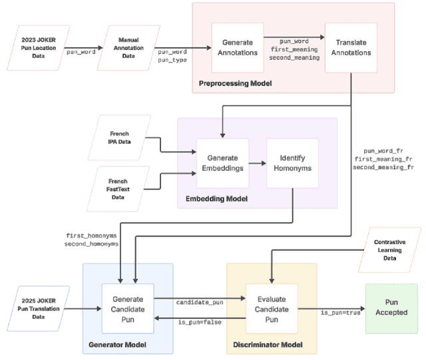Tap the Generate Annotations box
pyautogui.click(x=237, y=48)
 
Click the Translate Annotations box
pyautogui.click(x=350, y=48)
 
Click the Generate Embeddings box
pyautogui.click(x=222, y=164)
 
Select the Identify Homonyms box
pyautogui.click(x=292, y=164)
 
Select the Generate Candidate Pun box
pyautogui.click(x=127, y=308)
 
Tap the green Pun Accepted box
pyautogui.click(x=391, y=308)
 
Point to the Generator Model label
pyautogui.click(x=117, y=345)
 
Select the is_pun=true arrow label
pyautogui.click(x=340, y=313)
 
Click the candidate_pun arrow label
pyautogui.click(x=200, y=302)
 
